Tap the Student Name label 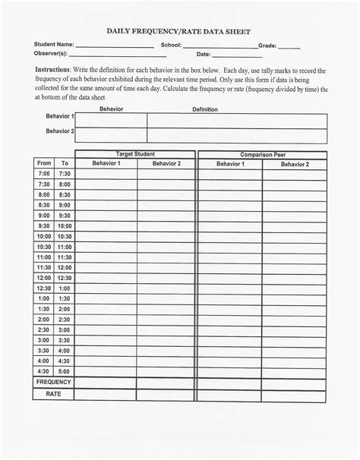53,46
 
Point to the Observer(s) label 51,54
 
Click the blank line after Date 226,56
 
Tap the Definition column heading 205,109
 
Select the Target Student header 135,154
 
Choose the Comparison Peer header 262,154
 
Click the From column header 44,163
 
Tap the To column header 65,163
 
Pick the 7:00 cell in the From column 44,174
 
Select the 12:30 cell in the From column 44,288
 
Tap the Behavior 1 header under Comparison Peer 229,163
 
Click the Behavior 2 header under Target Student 166,163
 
